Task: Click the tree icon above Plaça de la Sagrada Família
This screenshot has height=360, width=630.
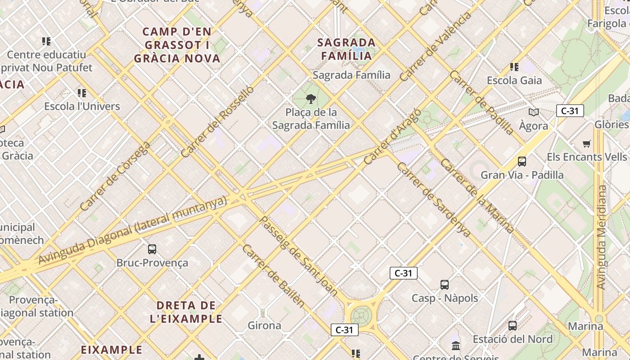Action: pos(310,99)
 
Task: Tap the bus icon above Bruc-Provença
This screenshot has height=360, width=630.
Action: pos(152,249)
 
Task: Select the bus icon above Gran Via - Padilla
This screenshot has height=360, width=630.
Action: pos(522,161)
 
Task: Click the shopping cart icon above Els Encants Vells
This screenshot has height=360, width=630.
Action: pos(586,144)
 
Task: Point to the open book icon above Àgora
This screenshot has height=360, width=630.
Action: pos(534,112)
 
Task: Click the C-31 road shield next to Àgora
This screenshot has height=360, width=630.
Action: pos(570,111)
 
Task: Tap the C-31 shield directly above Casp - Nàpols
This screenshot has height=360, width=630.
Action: pos(403,273)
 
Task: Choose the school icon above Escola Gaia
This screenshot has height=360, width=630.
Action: pos(514,67)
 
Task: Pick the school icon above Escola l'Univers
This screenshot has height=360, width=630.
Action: pos(81,93)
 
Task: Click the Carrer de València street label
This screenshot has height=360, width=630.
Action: pos(435,46)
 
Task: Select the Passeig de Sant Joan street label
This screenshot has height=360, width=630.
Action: pos(299,256)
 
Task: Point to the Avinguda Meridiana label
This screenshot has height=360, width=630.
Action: pos(601,237)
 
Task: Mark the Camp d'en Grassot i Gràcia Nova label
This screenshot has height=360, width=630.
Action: pos(177,45)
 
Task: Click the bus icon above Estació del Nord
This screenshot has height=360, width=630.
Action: pos(512,325)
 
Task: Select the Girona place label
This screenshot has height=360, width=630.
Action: pos(265,325)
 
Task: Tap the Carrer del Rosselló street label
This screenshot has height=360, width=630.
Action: pos(217,121)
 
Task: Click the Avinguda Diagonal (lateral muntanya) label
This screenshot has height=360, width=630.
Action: pos(133,230)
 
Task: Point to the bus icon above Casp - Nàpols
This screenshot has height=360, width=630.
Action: pos(445,284)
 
